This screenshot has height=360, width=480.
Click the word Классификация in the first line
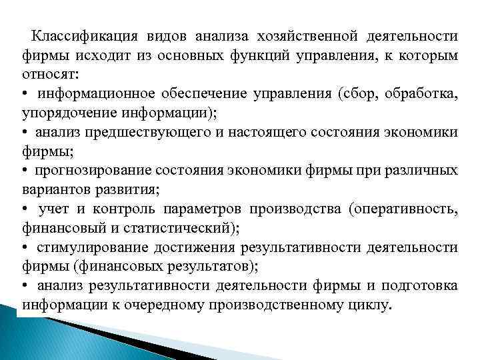(83, 35)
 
